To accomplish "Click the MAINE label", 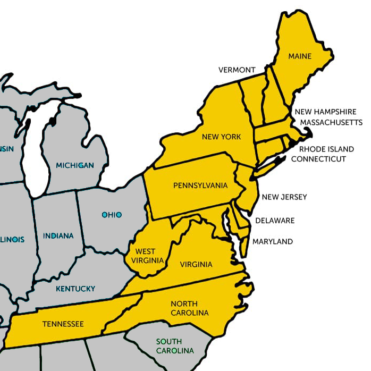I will pos(300,56).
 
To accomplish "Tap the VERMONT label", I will pos(237,70).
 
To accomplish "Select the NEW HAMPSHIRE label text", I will pos(325,112).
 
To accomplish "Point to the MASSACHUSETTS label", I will pos(331,122).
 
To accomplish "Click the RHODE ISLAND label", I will pos(324,149).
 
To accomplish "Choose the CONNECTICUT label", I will pos(318,159).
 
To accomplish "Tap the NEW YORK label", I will pos(221,137).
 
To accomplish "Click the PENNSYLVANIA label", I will pos(200,186).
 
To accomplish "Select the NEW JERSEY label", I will pos(284,197).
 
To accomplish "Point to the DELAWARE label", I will pos(275,221).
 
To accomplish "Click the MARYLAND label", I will pos(273,241).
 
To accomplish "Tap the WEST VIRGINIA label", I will pos(145,256).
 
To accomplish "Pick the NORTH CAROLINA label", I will pos(189,308).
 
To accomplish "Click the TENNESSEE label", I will pos(63,324).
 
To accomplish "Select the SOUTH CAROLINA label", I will pos(174,346).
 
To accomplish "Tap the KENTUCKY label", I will pos(75,289).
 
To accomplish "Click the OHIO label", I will pos(112,215).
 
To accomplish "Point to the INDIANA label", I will pos(58,235).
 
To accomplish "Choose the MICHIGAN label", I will pos(75,165).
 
